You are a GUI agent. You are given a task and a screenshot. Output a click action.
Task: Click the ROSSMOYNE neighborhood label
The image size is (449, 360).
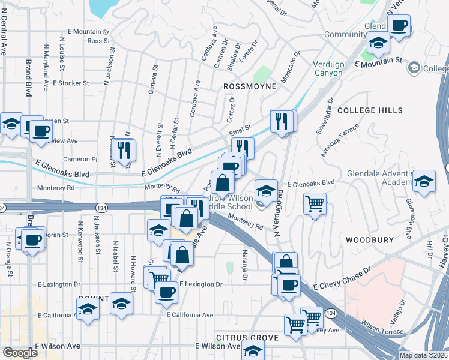250,86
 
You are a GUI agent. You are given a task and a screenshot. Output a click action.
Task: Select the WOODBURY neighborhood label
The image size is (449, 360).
369,239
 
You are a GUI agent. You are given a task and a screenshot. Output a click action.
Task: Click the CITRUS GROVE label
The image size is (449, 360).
247,338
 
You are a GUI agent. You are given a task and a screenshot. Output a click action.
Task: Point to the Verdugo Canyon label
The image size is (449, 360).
328,68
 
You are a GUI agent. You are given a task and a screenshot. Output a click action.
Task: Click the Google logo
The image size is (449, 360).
20,353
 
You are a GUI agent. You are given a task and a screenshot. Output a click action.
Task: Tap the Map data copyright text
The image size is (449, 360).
423,355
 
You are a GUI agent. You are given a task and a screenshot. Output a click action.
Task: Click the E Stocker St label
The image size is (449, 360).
71,83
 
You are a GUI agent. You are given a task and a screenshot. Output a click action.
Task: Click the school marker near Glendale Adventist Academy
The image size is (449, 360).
424,182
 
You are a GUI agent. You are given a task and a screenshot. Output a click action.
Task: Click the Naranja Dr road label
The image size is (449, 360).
244,265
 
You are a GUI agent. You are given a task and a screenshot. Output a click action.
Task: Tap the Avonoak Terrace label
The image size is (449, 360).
340,140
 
